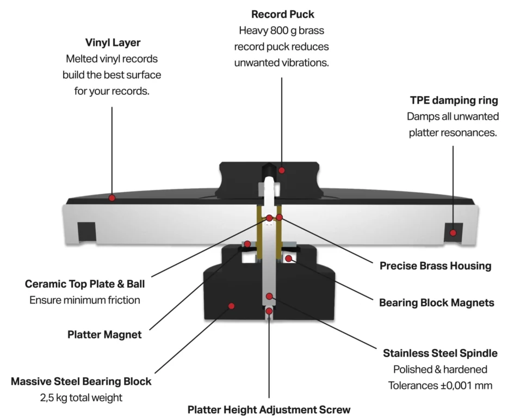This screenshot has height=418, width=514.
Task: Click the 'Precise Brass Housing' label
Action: click(x=435, y=266)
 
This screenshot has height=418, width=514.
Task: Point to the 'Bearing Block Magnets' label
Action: click(x=436, y=302)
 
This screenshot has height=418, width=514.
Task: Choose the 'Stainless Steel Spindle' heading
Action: click(x=440, y=353)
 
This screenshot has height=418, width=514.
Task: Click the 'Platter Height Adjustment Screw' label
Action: click(x=269, y=409)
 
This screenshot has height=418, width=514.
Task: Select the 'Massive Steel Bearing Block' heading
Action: click(x=81, y=381)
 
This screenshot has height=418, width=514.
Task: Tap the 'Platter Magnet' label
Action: click(x=104, y=334)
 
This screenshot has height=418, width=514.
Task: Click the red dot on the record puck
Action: click(x=282, y=170)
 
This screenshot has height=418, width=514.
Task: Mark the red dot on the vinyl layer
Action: click(x=112, y=198)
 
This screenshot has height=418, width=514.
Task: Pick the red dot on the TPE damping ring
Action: click(x=453, y=233)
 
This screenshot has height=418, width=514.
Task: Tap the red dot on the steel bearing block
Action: click(x=231, y=306)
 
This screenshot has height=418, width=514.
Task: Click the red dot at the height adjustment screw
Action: click(x=269, y=311)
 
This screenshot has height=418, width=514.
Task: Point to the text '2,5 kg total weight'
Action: click(x=81, y=397)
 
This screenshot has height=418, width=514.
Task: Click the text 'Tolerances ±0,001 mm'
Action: click(x=440, y=385)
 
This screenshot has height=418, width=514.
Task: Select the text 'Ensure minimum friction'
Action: click(x=85, y=300)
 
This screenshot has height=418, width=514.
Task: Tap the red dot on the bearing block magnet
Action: click(x=289, y=258)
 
